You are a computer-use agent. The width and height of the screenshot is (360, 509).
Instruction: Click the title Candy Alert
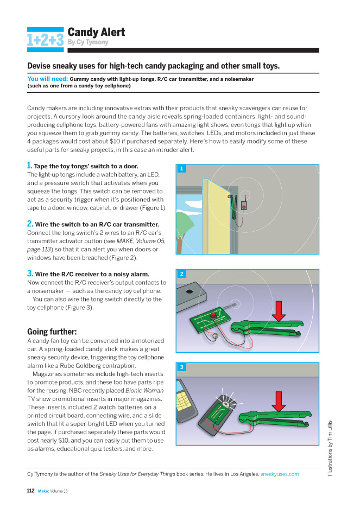point(96,32)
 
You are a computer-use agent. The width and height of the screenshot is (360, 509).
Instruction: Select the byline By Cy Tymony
point(88,42)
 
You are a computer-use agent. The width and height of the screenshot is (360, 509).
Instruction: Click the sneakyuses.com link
point(280,474)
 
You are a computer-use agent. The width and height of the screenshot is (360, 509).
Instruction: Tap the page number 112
point(31,491)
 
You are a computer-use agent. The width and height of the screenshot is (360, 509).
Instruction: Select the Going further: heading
point(52,331)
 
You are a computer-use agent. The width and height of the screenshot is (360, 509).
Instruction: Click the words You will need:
point(47,79)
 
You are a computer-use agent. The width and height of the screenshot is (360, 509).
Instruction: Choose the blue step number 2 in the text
point(30,224)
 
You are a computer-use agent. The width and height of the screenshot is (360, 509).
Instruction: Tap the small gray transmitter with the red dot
point(245,206)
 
